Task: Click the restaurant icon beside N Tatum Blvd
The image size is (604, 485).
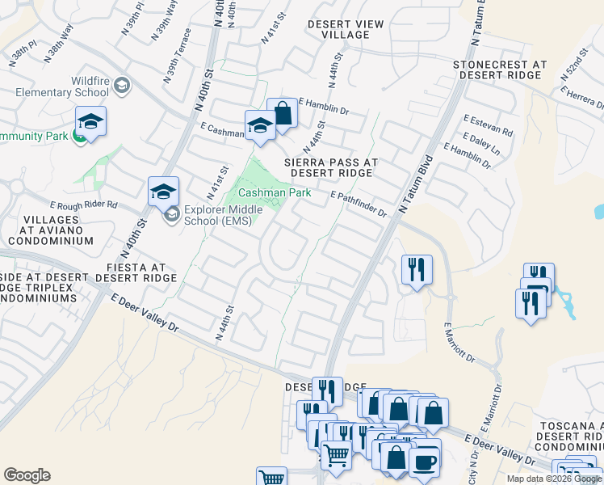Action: (x=417, y=270)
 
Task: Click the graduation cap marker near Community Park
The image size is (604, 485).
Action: (x=91, y=123)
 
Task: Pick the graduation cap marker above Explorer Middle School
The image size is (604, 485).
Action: (x=163, y=192)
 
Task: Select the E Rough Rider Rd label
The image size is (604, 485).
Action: (x=83, y=205)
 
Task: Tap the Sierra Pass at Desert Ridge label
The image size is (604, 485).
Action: (x=331, y=167)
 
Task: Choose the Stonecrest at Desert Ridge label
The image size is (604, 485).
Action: (x=500, y=70)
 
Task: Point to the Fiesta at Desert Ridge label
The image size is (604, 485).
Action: (x=136, y=272)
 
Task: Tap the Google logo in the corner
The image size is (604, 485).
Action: (x=27, y=475)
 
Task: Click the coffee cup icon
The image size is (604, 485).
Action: (x=424, y=462)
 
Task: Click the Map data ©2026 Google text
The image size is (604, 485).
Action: (x=554, y=479)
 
